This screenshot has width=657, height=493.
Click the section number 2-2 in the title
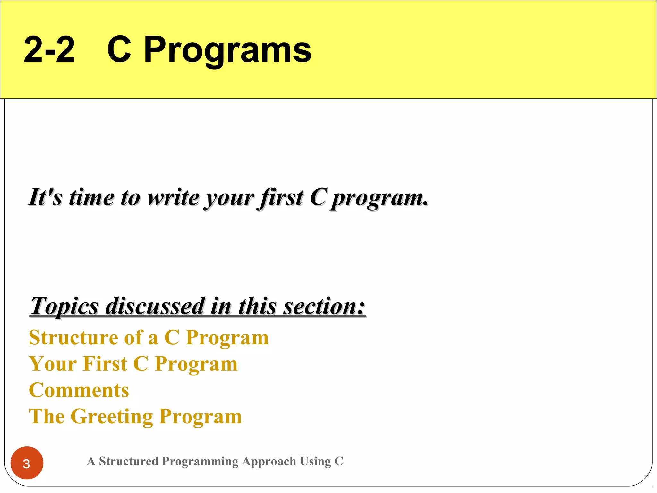[x=49, y=50]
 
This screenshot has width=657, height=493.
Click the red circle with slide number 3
[x=27, y=463]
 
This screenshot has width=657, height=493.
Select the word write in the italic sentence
[x=174, y=197]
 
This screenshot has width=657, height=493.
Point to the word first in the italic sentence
[x=280, y=197]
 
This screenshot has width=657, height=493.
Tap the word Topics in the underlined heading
[x=64, y=306]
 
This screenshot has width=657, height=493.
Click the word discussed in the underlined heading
[x=155, y=306]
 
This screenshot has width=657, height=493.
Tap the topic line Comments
[x=79, y=390]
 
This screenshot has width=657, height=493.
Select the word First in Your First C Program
[x=106, y=364]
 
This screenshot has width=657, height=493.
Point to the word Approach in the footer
[x=269, y=462]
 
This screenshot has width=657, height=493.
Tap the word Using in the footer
[x=315, y=462]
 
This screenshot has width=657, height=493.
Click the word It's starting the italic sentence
[x=45, y=197]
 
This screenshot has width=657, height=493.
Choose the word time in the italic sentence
[x=91, y=197]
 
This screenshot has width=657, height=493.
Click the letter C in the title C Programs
[x=119, y=50]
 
